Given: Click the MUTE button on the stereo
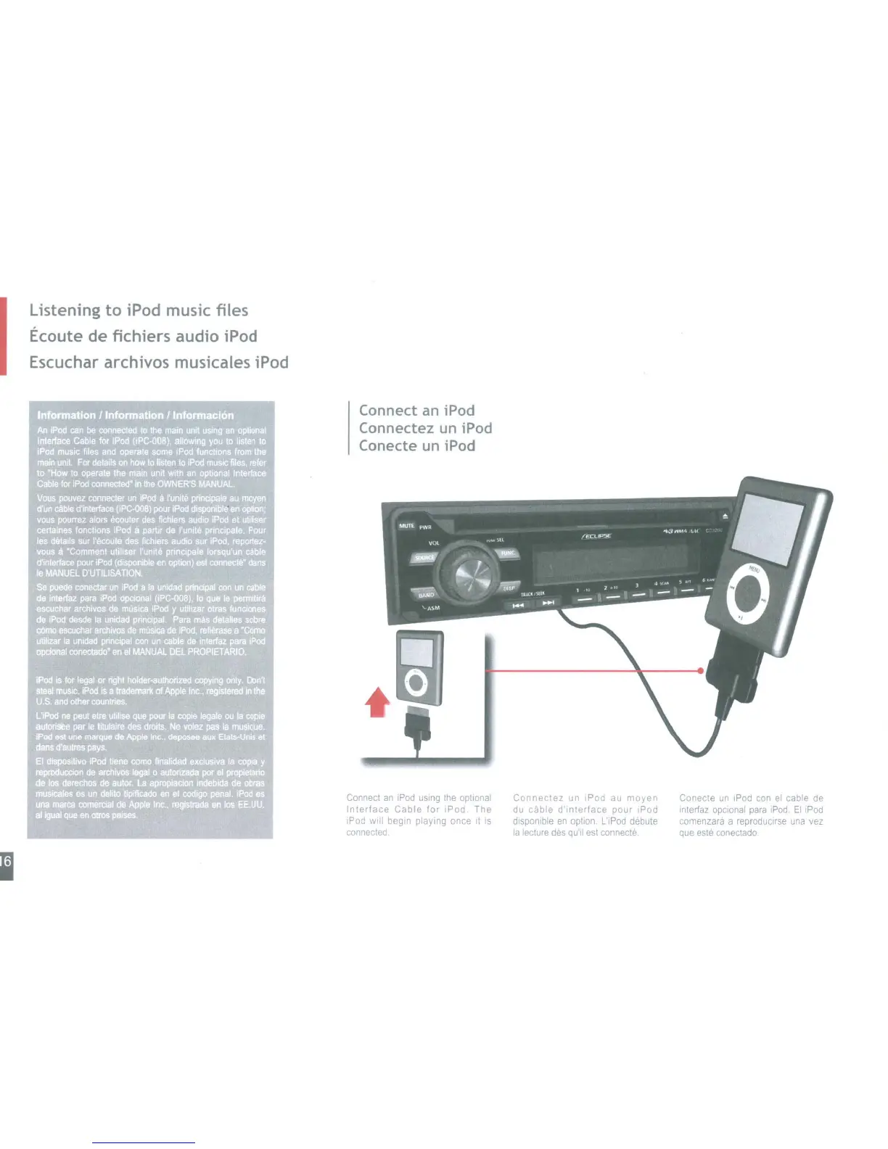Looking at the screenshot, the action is click(x=406, y=525).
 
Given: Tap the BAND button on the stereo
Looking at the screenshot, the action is click(x=426, y=594).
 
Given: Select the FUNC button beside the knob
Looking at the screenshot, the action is click(x=508, y=553).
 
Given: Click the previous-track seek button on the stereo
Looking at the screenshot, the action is click(x=518, y=604).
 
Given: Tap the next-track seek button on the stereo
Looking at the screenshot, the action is click(x=548, y=603).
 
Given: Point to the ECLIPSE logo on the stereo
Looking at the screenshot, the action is click(x=596, y=536).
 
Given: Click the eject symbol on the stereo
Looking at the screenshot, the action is click(x=725, y=516).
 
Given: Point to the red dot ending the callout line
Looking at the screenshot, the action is click(x=700, y=671).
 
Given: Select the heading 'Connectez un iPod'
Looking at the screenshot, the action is click(x=425, y=428).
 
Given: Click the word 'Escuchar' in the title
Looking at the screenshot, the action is click(x=64, y=362).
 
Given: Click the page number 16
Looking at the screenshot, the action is click(x=6, y=862).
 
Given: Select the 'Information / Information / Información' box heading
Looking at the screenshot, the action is click(x=136, y=415).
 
